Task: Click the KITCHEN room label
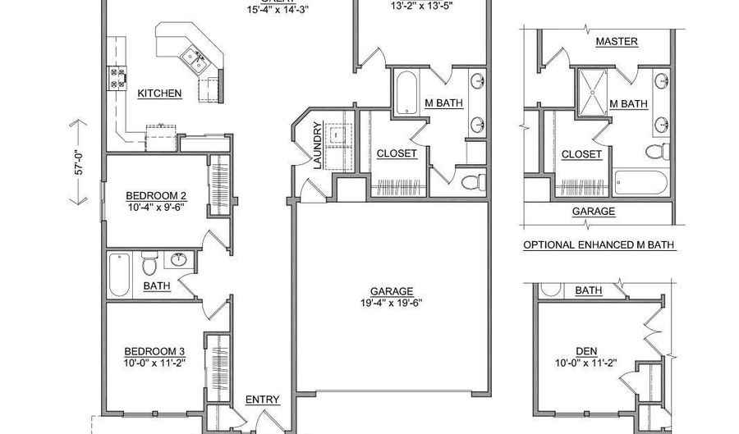coord(159,94)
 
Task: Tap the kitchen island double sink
coord(194,58)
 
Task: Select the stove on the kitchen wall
coord(115,78)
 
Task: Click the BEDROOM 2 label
coord(156,195)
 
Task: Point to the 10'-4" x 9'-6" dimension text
coord(156,208)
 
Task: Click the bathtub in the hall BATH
coord(120,274)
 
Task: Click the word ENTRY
coord(263,400)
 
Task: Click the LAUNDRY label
coord(317,146)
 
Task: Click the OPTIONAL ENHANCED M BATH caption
coord(599,244)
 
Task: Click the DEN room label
coord(587,351)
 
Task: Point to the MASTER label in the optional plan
coord(616,41)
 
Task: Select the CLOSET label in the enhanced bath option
coord(581,154)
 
